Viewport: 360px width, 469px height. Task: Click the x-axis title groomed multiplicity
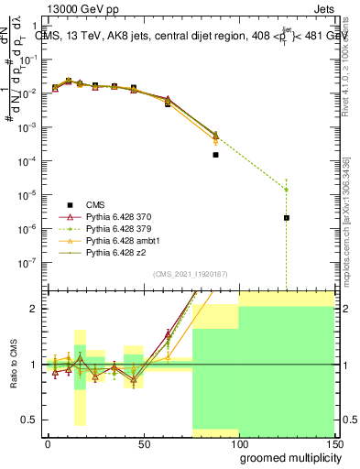(292, 457)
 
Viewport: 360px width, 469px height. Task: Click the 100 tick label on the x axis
(238, 442)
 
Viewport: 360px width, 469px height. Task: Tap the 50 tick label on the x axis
(143, 442)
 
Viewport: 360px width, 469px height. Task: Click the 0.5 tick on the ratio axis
(33, 420)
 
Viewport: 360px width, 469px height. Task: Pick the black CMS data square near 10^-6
(287, 218)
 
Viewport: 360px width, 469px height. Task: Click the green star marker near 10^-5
(287, 190)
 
